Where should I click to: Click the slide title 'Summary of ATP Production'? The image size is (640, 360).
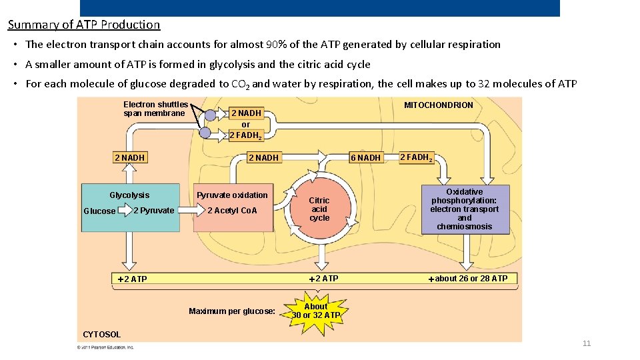click(x=84, y=25)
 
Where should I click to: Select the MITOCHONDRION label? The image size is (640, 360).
click(x=438, y=105)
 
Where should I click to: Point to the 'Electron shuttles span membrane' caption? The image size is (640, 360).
click(x=155, y=109)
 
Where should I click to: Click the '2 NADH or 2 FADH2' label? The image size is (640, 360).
click(x=246, y=124)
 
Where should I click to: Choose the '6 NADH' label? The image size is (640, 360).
click(x=366, y=158)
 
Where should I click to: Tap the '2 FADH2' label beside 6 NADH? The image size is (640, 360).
click(x=416, y=158)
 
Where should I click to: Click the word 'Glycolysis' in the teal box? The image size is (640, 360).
click(x=129, y=195)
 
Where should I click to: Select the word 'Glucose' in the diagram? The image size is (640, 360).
click(x=99, y=211)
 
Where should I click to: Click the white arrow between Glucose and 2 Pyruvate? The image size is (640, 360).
click(x=125, y=211)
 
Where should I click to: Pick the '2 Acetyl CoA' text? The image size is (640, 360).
click(x=232, y=211)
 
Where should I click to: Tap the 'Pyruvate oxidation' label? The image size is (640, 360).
click(x=232, y=195)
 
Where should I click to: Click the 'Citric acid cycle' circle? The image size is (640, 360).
click(x=319, y=209)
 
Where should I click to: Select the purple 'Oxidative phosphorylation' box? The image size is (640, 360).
click(x=465, y=209)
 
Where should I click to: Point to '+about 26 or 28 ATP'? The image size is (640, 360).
click(x=468, y=279)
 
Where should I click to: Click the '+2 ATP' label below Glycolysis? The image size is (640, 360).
click(x=132, y=279)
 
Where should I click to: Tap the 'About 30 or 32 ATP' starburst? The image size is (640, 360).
click(x=316, y=311)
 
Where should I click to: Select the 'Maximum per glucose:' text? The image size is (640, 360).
click(x=232, y=311)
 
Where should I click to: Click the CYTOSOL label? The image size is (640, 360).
click(x=102, y=335)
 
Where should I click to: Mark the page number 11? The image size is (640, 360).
click(x=587, y=343)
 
